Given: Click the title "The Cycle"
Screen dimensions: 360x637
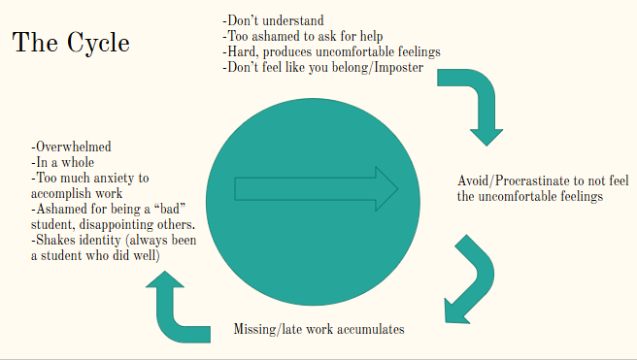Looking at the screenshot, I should [x=70, y=44].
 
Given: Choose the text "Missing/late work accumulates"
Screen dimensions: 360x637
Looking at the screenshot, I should [x=318, y=329].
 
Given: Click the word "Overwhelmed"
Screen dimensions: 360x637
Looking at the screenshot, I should [x=71, y=147].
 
